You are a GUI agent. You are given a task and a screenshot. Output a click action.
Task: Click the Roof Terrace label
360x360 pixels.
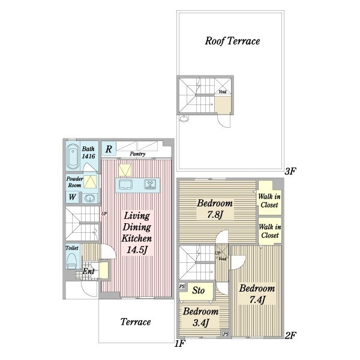(x=232, y=41)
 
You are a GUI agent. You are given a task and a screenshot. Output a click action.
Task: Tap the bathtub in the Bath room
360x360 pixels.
(x=73, y=157)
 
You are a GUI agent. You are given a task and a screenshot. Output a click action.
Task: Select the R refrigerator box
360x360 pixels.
(x=109, y=149)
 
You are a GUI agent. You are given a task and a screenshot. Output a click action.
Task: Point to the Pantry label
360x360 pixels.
(x=137, y=154)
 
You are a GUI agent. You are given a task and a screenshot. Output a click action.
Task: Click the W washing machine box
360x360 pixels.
(x=73, y=197)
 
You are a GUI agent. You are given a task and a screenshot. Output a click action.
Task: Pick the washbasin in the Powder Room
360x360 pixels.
(x=90, y=198)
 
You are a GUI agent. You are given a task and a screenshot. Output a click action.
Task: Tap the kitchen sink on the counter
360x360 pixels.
(x=125, y=184)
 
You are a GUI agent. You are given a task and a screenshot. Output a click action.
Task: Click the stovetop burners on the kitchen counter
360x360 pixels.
(x=151, y=184)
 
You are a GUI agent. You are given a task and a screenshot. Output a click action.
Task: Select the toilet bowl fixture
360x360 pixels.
(x=71, y=261)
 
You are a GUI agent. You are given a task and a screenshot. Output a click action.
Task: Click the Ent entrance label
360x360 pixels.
(x=88, y=271)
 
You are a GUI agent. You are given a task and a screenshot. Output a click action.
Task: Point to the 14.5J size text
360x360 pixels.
(x=137, y=250)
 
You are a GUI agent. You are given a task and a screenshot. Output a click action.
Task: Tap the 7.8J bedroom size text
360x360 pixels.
(x=215, y=215)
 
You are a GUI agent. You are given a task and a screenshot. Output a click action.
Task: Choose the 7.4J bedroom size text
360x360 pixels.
(x=257, y=299)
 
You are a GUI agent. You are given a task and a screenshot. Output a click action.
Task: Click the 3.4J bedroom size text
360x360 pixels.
(x=200, y=323)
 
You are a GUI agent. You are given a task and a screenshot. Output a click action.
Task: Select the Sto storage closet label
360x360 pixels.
(x=199, y=290)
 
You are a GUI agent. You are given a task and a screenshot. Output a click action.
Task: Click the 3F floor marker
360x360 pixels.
(x=290, y=171)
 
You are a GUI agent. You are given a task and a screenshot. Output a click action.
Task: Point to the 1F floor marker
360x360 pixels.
(x=180, y=344)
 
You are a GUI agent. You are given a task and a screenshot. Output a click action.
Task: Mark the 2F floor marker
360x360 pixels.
(x=290, y=335)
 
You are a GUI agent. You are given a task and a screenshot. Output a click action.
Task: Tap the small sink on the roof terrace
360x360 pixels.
(x=184, y=119)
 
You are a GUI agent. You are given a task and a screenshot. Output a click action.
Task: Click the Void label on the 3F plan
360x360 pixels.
(x=222, y=92)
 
